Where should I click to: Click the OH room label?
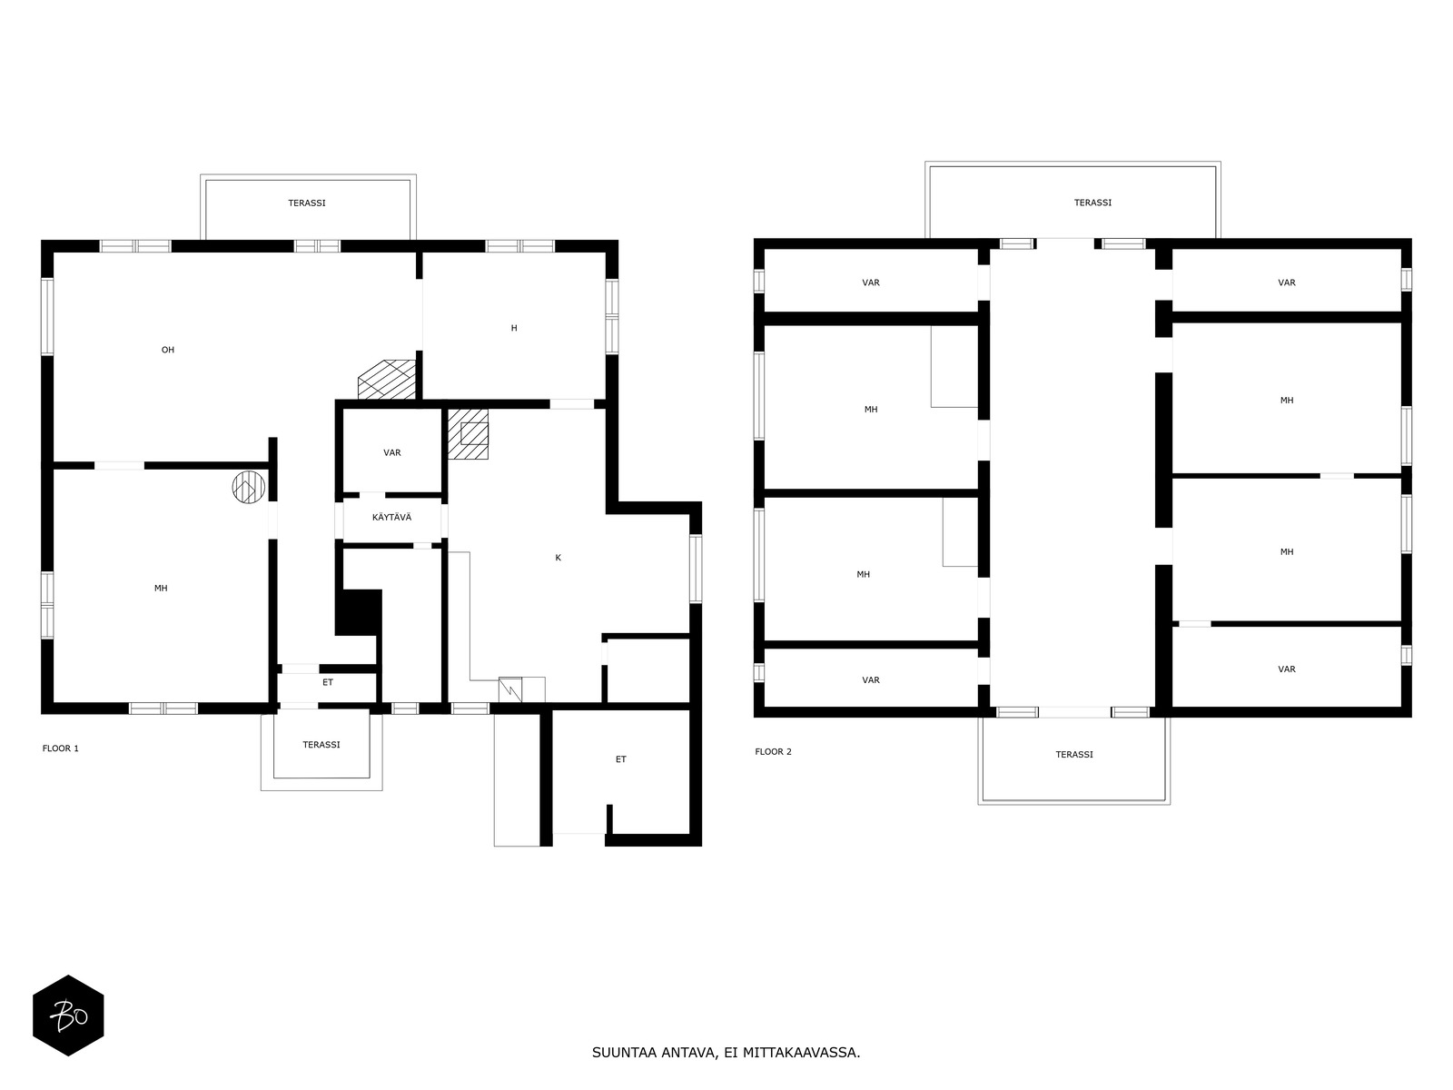click(x=167, y=350)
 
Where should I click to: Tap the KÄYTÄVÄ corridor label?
click(x=392, y=517)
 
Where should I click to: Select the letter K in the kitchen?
click(x=558, y=558)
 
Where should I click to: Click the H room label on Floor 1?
click(x=514, y=328)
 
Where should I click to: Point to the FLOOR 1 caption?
click(x=60, y=748)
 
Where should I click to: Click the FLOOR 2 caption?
click(x=773, y=751)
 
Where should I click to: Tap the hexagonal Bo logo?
click(x=68, y=1016)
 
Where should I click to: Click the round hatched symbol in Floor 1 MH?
click(x=248, y=487)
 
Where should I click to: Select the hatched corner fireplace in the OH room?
click(x=387, y=380)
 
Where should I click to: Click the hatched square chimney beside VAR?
click(x=468, y=433)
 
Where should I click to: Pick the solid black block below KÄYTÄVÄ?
click(x=359, y=612)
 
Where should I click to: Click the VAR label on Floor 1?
click(x=392, y=452)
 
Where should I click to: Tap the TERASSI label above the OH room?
click(x=306, y=203)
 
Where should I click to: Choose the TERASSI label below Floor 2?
click(x=1073, y=755)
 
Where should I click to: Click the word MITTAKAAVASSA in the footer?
click(x=801, y=1052)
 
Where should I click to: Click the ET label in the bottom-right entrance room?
click(x=620, y=759)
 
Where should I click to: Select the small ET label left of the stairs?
click(x=328, y=682)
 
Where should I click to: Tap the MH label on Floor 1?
click(x=161, y=588)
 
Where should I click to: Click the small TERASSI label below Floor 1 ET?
click(x=321, y=745)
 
